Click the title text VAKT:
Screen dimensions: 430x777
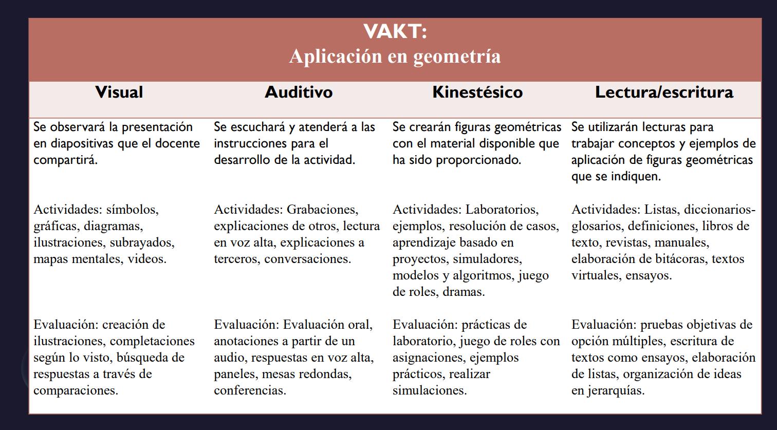pyautogui.click(x=395, y=32)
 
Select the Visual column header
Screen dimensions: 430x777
pyautogui.click(x=119, y=92)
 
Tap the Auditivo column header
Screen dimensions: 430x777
pyautogui.click(x=299, y=92)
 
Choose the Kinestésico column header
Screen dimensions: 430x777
pyautogui.click(x=477, y=92)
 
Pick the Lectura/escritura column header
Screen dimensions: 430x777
pyautogui.click(x=664, y=92)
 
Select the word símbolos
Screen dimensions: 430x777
pyautogui.click(x=133, y=210)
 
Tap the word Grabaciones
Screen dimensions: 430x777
pyautogui.click(x=322, y=210)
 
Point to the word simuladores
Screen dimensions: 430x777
pyautogui.click(x=487, y=259)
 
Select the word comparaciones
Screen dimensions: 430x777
pyautogui.click(x=76, y=390)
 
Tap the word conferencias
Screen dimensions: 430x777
pyautogui.click(x=250, y=390)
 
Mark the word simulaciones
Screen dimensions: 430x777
pyautogui.click(x=430, y=390)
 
